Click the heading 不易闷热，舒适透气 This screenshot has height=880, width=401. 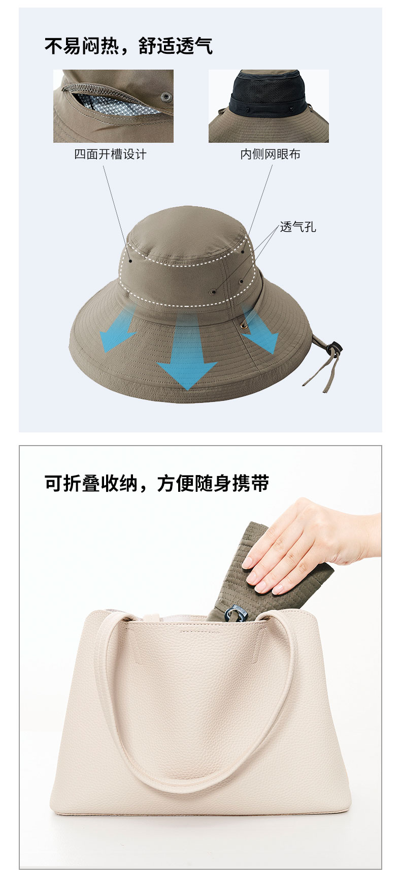coord(128,46)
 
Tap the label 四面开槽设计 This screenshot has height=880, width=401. coord(110,154)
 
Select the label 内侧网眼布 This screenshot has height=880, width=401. coord(270,154)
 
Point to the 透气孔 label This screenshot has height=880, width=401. coord(298,227)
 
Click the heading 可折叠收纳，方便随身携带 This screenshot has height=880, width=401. coord(156,483)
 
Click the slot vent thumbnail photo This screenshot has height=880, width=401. coord(113,106)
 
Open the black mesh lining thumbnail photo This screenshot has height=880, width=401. coord(269,106)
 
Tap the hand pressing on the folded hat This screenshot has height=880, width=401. coord(310,546)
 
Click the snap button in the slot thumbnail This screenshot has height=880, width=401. coord(165,97)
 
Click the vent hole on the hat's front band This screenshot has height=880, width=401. coord(213,292)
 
